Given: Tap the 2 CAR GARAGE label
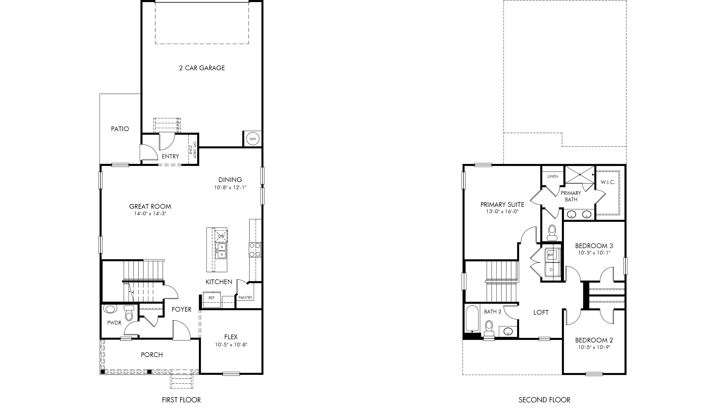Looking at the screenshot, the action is coord(202,68).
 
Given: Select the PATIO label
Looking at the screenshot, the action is coord(120,129).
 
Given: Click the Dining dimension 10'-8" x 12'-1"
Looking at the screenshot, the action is coord(230,187).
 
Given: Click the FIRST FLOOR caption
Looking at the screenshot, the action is coord(181,400).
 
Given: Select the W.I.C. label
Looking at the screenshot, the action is coord(608,182).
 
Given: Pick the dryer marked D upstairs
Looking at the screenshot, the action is coord(551,270).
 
